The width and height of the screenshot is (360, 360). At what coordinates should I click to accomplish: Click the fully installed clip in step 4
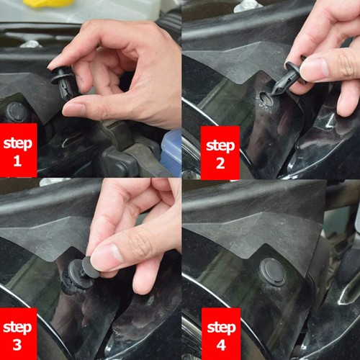coord(272,271)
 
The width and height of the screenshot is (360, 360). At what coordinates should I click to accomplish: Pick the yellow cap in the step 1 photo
coord(47,3)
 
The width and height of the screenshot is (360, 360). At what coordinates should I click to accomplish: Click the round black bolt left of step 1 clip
coord(16,112)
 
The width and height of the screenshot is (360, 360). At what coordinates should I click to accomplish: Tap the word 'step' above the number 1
coord(17,143)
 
